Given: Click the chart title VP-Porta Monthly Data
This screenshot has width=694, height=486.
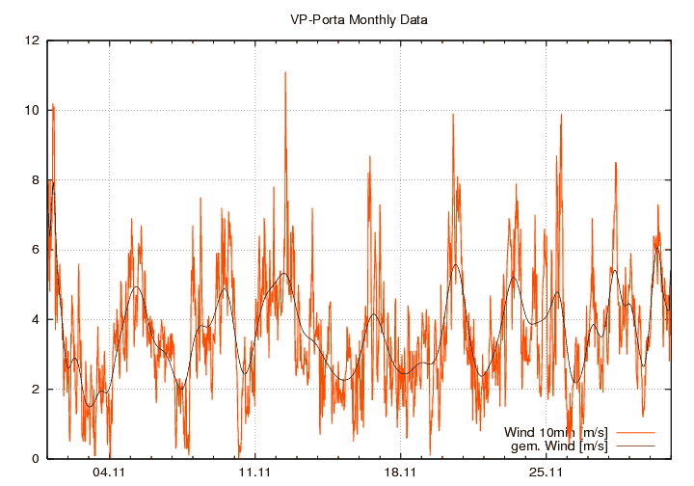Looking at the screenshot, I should pos(359,18).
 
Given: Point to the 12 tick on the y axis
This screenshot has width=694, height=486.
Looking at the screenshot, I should pos(33,40).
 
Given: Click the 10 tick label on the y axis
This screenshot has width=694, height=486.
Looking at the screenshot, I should pos(33,110).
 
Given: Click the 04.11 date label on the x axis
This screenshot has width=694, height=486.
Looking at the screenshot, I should pos(109,472).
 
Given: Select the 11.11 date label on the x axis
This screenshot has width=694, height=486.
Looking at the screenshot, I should pos(254,472).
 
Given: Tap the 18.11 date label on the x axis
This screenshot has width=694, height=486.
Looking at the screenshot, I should pos(400,472).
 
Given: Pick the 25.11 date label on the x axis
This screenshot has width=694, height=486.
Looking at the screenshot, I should pos(546,472).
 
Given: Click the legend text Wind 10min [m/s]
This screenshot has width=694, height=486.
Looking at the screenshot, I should pos(556,432).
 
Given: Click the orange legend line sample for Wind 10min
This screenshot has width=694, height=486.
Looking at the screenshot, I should pos(636,432).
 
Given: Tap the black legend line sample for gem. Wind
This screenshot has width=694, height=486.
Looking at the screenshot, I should pos(636,445).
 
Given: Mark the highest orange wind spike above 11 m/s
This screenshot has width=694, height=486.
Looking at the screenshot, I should pos(285,72).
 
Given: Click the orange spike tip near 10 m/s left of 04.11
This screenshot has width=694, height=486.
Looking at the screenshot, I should pos(53,104).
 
